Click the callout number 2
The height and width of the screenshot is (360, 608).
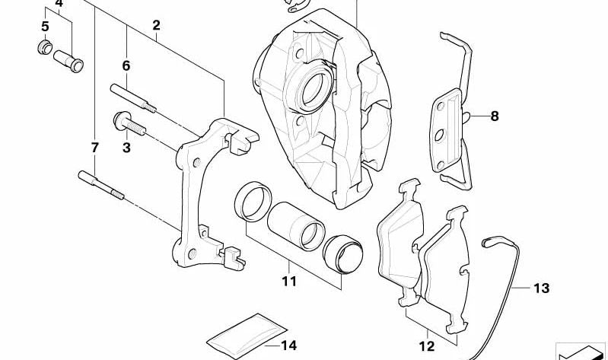(x=156, y=26)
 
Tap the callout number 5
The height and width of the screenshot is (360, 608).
(x=45, y=27)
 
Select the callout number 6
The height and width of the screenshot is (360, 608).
(x=126, y=66)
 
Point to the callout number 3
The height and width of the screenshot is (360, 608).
(x=126, y=148)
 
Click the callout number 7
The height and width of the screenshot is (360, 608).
(x=94, y=148)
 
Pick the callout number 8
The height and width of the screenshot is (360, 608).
(x=495, y=116)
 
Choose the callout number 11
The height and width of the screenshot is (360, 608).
(x=289, y=281)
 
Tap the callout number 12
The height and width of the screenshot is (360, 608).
(x=427, y=346)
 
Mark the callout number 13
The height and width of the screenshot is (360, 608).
(x=541, y=288)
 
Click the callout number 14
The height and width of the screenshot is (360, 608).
(x=289, y=345)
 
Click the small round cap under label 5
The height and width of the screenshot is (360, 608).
(x=45, y=47)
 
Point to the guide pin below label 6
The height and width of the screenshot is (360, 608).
(x=133, y=98)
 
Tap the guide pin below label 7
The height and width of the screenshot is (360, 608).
(x=101, y=185)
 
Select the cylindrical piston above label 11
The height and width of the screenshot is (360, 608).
(x=296, y=226)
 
